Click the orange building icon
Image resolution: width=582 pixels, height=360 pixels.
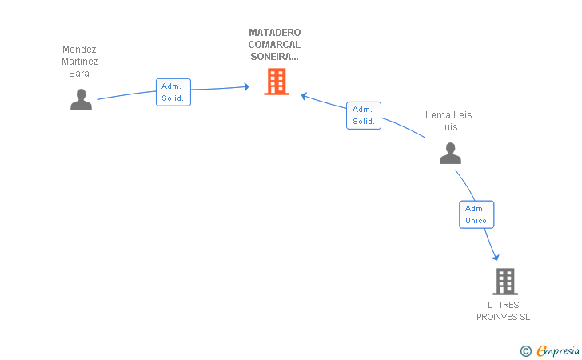277,82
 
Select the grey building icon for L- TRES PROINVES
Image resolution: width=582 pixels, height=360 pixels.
505,282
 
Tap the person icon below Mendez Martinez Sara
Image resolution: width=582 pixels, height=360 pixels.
81,99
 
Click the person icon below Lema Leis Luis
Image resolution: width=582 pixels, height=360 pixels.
450,153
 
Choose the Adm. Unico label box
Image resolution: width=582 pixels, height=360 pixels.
476,214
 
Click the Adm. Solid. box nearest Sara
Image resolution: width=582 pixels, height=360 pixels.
173,92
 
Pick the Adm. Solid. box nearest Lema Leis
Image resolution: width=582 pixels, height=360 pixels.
364,115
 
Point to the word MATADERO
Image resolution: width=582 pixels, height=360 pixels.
275,33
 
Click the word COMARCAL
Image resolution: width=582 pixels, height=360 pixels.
274,45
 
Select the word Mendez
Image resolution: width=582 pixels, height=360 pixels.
79,50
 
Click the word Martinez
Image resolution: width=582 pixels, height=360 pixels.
79,62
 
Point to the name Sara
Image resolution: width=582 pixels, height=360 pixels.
78,73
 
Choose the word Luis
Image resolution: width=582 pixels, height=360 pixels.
448,126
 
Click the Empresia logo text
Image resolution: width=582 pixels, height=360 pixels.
558,350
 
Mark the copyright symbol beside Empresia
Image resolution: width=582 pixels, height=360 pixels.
525,351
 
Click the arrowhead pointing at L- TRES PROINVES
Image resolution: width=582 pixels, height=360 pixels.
496,257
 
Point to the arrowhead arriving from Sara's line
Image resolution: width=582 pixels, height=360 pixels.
246,87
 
